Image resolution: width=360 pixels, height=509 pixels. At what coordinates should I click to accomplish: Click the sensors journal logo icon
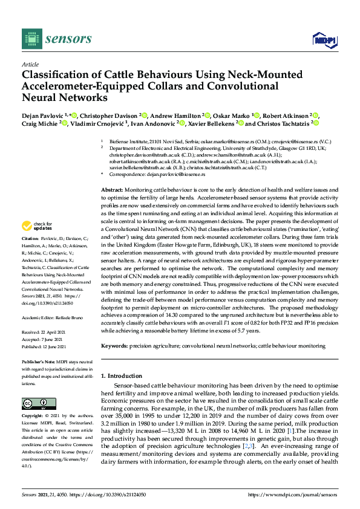click(x=30, y=39)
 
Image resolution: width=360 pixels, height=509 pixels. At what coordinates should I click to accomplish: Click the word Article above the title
click(x=30, y=64)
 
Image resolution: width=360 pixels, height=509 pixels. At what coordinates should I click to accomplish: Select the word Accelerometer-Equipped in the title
click(x=79, y=86)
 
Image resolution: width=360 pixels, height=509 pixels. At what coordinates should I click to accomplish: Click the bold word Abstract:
click(x=113, y=190)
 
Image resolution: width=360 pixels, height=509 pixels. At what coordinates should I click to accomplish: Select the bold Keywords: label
click(x=115, y=346)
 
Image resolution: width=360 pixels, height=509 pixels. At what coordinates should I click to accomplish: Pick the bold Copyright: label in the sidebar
click(x=34, y=417)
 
